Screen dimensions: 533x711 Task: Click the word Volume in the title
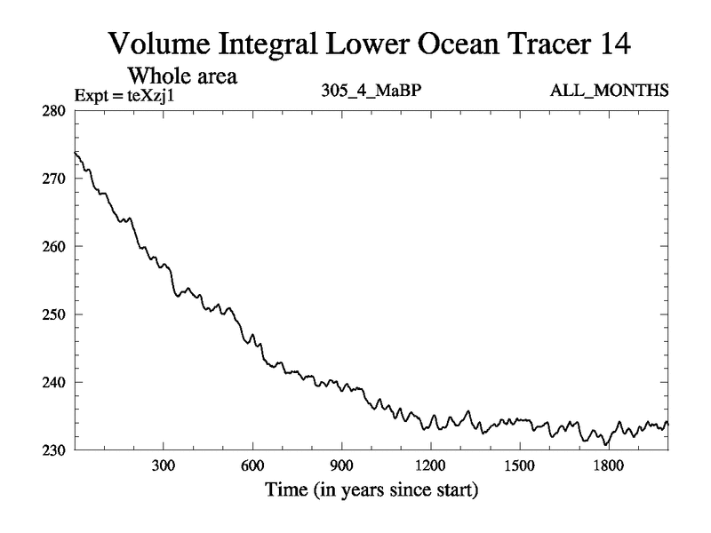pyautogui.click(x=161, y=42)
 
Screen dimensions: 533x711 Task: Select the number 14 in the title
pyautogui.click(x=609, y=42)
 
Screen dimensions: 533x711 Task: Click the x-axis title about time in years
pyautogui.click(x=371, y=490)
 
